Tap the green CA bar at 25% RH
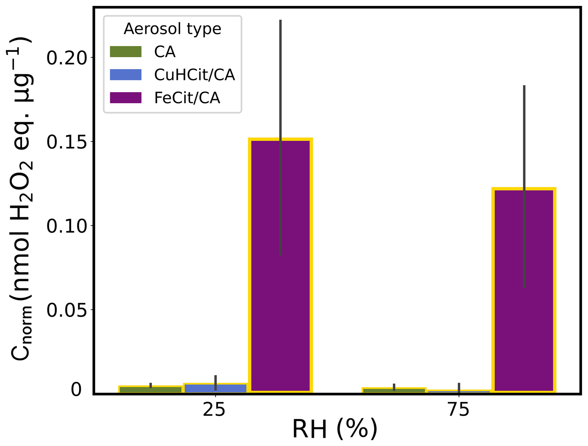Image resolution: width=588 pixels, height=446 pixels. (x=150, y=389)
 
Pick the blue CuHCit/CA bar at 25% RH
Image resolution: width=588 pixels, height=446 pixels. (x=215, y=389)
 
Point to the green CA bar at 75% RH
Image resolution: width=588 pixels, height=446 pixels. (x=394, y=390)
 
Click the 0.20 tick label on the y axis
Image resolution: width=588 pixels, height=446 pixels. (x=66, y=58)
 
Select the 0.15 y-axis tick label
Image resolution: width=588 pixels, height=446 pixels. (x=66, y=142)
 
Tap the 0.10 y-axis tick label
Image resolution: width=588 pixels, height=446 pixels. (x=66, y=226)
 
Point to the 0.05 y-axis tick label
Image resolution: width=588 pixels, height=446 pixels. (x=66, y=310)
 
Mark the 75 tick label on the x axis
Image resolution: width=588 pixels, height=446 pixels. (x=458, y=410)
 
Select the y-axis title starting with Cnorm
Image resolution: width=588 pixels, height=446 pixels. (x=20, y=199)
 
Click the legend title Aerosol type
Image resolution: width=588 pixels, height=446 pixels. (x=172, y=29)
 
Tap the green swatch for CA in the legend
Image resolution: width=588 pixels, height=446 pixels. (x=126, y=52)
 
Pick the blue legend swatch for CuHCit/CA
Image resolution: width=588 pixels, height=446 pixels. (x=126, y=75)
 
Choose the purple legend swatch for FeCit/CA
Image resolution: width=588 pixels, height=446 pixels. (x=126, y=98)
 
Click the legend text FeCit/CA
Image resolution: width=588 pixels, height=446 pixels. (x=187, y=98)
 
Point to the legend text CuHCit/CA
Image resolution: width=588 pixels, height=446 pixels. (x=195, y=75)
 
